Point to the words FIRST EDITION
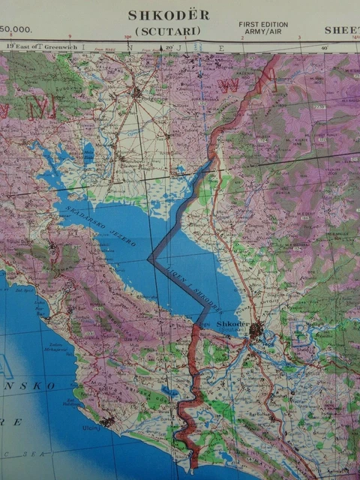click(x=263, y=25)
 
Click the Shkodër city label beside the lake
click(x=232, y=324)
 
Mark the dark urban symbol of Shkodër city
click(x=256, y=330)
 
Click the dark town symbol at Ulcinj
click(x=108, y=422)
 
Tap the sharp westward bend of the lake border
click(x=151, y=259)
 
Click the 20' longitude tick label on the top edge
click(x=170, y=48)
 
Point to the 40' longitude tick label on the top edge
click(x=325, y=48)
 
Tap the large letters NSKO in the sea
click(x=33, y=385)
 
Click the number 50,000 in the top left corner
click(x=16, y=30)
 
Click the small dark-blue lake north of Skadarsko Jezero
click(x=88, y=153)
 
